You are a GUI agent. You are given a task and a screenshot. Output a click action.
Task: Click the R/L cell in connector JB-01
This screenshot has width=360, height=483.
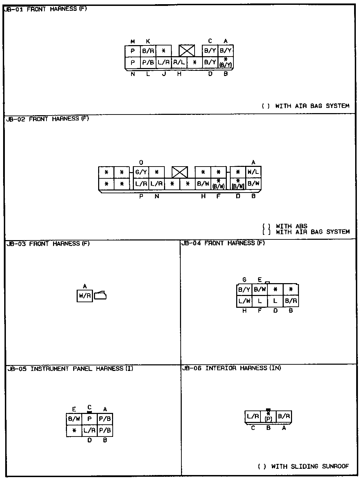[179, 62]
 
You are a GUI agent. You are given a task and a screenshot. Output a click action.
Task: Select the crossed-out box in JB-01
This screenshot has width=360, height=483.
[187, 51]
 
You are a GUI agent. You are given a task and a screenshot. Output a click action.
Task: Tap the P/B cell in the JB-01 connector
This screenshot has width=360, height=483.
[148, 62]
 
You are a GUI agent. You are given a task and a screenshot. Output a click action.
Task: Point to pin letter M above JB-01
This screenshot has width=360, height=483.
[132, 42]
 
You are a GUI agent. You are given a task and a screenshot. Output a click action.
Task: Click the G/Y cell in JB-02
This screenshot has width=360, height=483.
[141, 172]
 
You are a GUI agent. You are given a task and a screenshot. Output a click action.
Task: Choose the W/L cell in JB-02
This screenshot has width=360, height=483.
[254, 172]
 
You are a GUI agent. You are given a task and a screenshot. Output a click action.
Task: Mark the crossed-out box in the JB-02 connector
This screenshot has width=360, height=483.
[180, 172]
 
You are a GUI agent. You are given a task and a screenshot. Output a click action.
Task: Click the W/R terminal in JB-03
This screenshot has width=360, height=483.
[85, 296]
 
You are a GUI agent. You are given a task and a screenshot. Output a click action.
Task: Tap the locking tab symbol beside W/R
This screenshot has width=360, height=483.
[100, 295]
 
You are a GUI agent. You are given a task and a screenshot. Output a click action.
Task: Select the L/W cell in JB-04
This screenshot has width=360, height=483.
[244, 301]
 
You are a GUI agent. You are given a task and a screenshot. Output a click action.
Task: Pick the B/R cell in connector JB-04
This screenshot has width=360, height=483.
[291, 301]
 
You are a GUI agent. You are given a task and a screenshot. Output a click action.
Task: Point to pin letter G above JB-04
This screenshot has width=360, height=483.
[245, 280]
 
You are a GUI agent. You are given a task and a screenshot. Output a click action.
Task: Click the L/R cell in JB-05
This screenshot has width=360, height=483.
[89, 430]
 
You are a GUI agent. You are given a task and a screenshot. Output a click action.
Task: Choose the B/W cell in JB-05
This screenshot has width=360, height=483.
[74, 419]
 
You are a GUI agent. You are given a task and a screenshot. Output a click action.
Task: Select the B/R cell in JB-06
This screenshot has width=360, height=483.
[284, 416]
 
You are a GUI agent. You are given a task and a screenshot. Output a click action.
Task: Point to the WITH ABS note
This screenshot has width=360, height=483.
[291, 226]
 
